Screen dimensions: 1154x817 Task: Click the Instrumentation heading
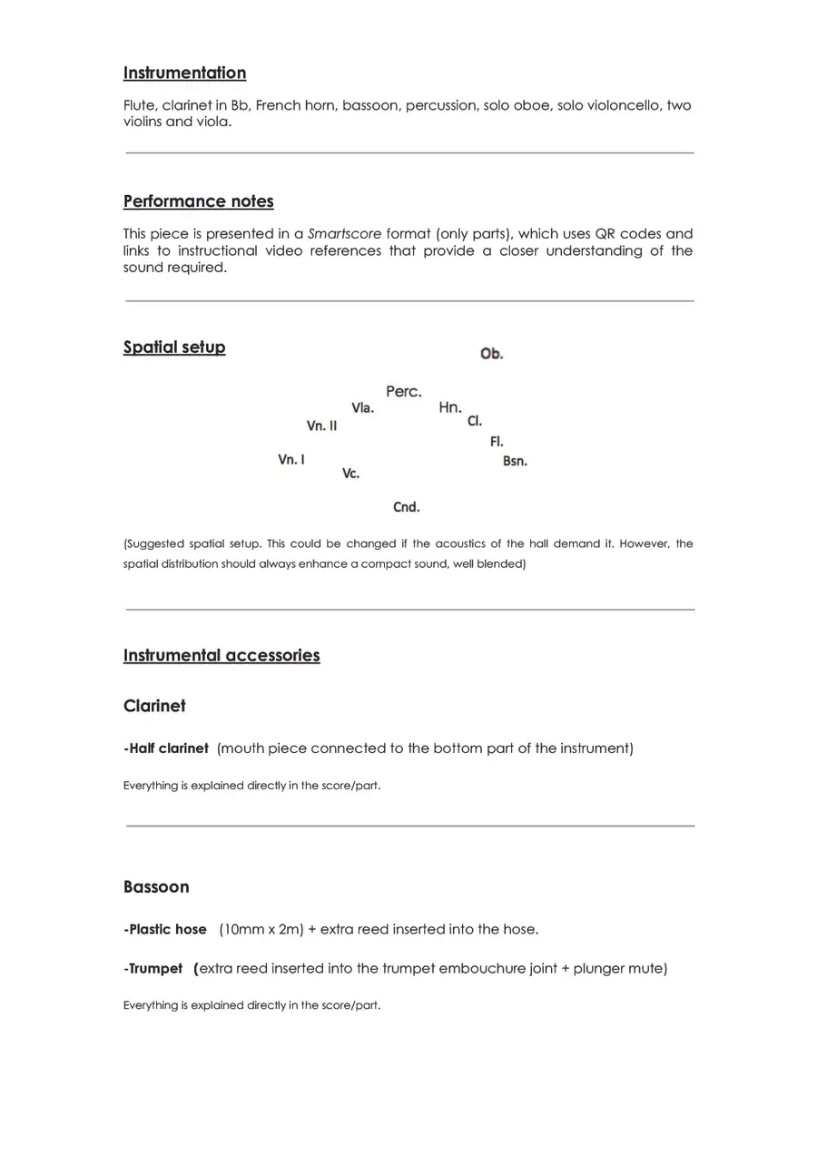coord(184,73)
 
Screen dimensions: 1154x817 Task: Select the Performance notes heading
coord(198,201)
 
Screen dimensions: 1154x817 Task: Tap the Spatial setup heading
coord(174,347)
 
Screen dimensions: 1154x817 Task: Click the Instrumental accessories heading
coord(221,655)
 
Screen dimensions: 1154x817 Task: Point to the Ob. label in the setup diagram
coord(491,354)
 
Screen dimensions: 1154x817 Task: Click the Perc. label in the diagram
coord(403,392)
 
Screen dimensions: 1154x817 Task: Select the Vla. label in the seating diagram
coord(362,408)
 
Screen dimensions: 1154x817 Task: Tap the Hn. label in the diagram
coord(450,407)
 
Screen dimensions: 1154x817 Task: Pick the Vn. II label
coord(321,425)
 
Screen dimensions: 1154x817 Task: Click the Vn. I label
coord(291,460)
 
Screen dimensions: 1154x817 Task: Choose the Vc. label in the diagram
coord(350,474)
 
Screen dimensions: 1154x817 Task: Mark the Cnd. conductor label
coord(406,507)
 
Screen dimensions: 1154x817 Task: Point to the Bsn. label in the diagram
coord(515,461)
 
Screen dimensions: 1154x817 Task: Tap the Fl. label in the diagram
coord(497,442)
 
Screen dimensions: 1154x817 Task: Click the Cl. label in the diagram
coord(475,421)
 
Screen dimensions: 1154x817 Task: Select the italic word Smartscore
coord(345,234)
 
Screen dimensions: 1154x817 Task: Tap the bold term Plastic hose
coord(167,929)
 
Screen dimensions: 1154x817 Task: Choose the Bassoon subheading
coord(156,886)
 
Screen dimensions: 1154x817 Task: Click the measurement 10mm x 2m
coord(261,929)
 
